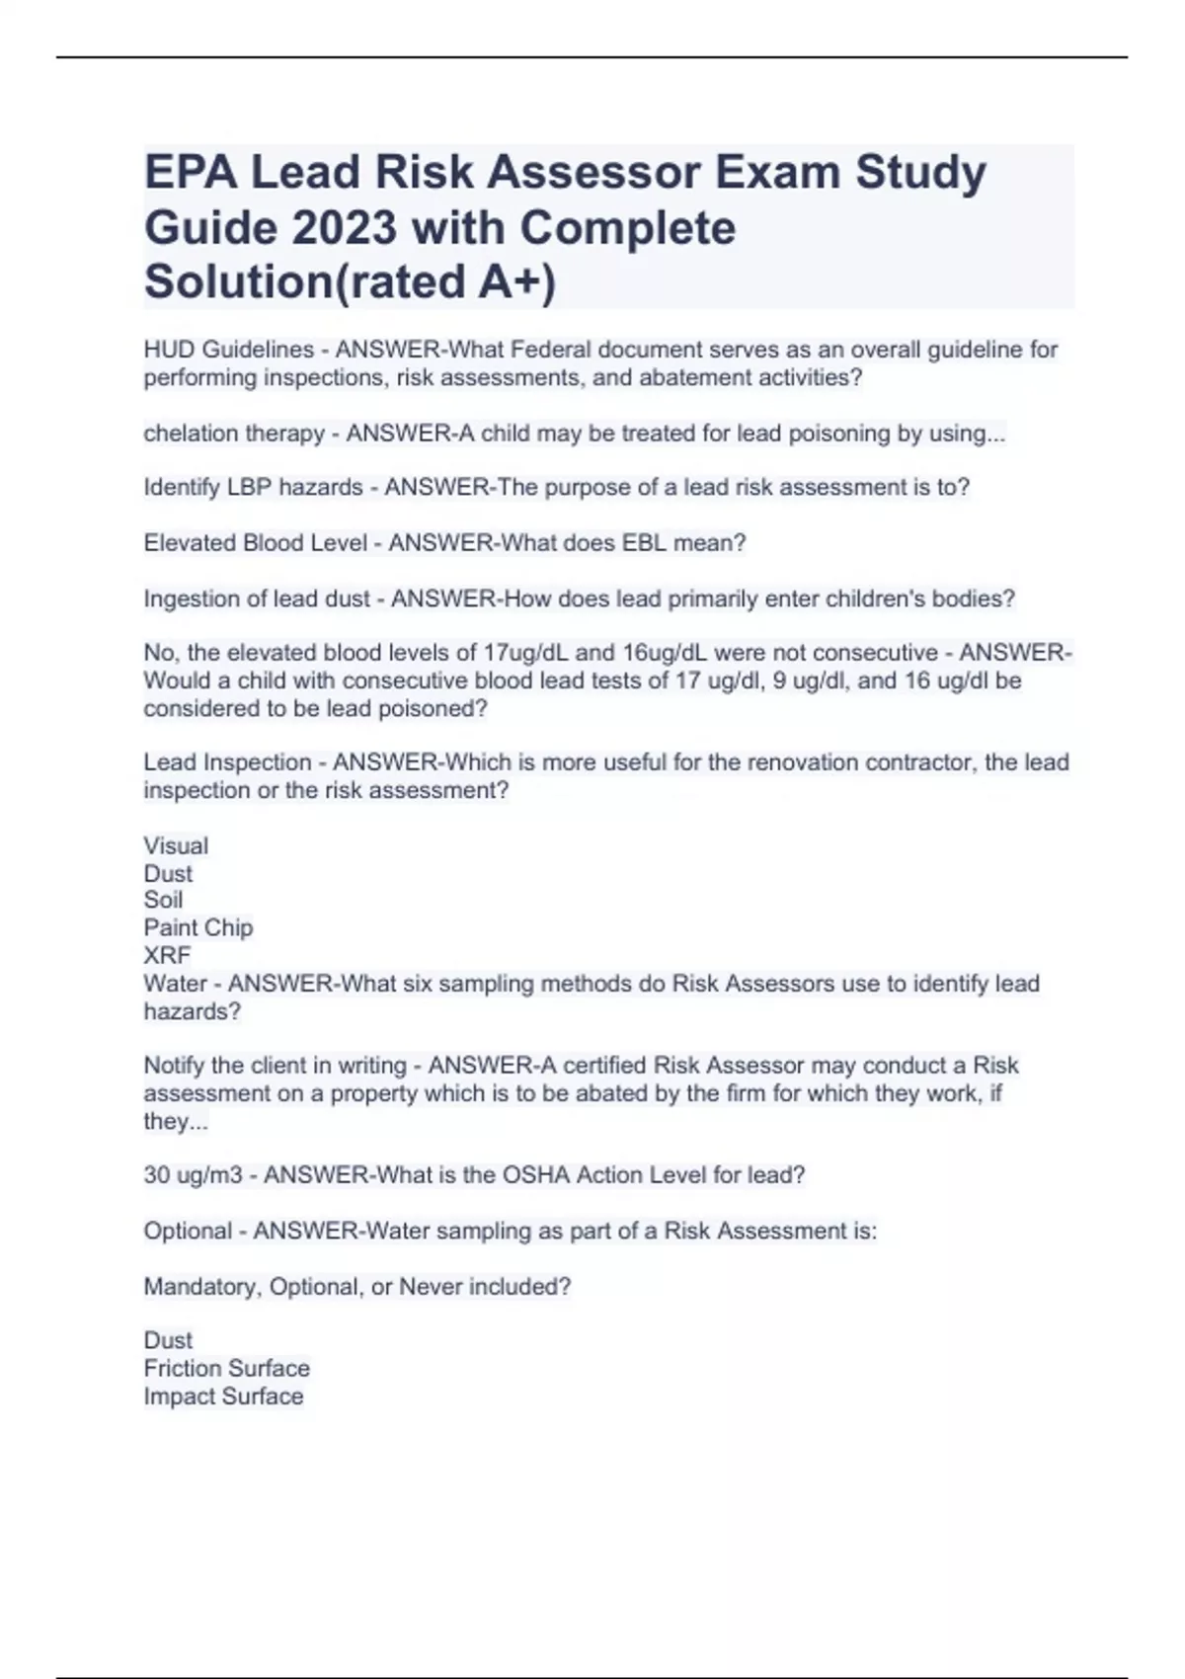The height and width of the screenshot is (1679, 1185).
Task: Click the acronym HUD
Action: coord(169,350)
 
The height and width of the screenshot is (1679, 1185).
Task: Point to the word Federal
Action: coord(550,350)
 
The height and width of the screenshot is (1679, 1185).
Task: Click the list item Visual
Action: coord(176,846)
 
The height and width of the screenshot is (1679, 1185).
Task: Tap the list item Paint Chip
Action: coord(198,928)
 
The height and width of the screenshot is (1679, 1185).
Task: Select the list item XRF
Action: coord(167,956)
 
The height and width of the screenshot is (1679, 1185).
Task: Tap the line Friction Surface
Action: coord(226,1369)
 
